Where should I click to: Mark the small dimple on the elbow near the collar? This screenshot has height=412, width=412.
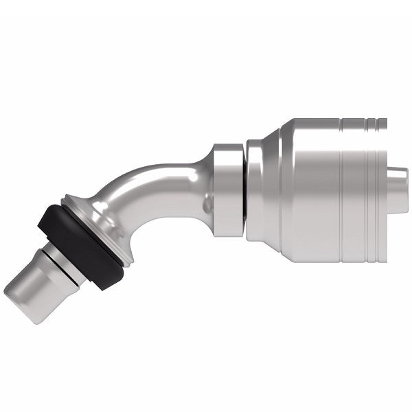click(x=205, y=204)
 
